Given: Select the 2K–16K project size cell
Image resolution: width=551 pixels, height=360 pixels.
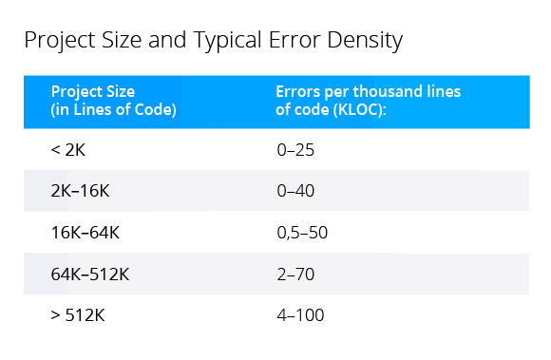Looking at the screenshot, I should [x=81, y=190].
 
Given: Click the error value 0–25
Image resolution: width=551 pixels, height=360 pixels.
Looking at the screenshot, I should [x=295, y=149].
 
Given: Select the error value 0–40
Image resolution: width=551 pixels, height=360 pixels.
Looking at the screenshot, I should [x=295, y=190].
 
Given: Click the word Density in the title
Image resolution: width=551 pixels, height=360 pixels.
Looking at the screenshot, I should [x=366, y=41].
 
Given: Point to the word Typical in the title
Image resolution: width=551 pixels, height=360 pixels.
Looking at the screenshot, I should [x=230, y=42].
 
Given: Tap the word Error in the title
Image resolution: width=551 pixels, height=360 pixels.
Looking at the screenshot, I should [x=297, y=41].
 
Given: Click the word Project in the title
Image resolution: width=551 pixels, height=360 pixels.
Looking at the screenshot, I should [x=55, y=42].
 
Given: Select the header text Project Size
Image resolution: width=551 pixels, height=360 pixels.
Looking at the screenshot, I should [x=93, y=92].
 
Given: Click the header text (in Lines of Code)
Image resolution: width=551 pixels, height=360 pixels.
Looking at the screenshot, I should [x=113, y=108].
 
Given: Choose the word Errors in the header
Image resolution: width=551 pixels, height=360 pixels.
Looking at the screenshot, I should [x=298, y=92].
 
